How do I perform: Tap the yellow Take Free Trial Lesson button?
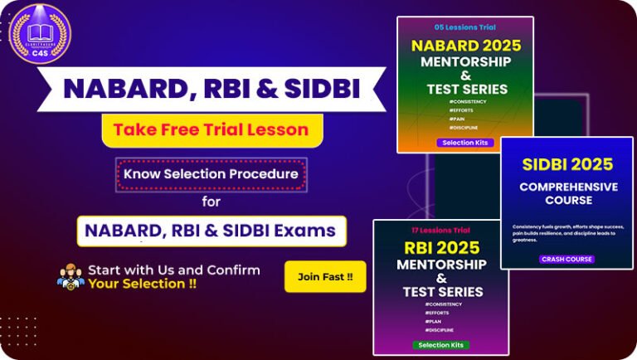click(x=211, y=130)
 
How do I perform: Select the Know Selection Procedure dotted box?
click(x=211, y=174)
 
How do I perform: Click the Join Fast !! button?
click(x=325, y=276)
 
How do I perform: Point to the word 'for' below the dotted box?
click(x=212, y=201)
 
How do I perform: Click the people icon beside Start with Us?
click(x=71, y=277)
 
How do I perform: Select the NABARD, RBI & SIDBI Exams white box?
click(x=212, y=230)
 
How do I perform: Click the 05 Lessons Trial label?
click(x=465, y=27)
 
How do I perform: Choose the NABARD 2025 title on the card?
click(x=465, y=45)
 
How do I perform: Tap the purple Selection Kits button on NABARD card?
click(x=465, y=143)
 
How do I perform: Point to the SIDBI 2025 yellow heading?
click(x=568, y=164)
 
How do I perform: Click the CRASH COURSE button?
click(x=567, y=259)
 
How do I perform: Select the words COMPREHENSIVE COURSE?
click(x=568, y=193)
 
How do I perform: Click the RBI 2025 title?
click(x=441, y=248)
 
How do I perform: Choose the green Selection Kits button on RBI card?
click(x=441, y=344)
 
